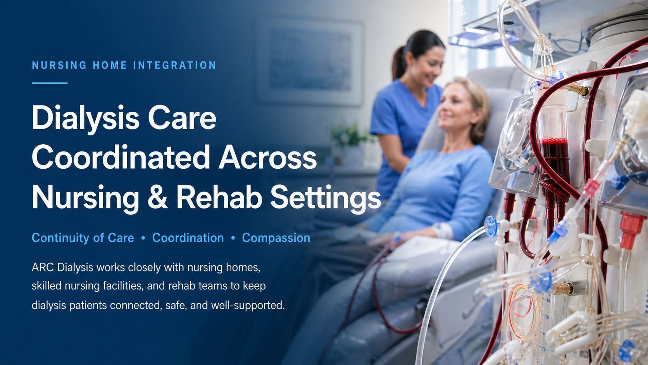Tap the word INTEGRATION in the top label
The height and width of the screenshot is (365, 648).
[x=174, y=65]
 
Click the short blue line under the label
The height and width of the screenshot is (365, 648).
[x=50, y=83]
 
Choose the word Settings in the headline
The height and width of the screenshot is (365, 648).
[x=326, y=198]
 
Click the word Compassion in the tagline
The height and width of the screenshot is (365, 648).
[x=276, y=238]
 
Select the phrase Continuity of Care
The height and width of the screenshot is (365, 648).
[x=83, y=238]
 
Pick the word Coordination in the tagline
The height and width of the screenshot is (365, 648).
[x=188, y=238]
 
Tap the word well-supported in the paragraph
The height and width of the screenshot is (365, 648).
[x=248, y=305]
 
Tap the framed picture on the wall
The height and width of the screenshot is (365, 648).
[x=309, y=61]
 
